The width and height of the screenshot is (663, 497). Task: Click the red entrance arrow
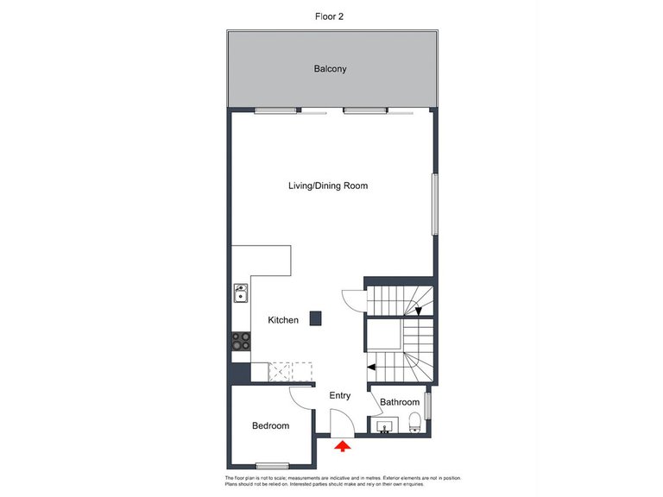pos(343,446)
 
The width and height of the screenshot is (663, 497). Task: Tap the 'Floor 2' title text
pos(331,16)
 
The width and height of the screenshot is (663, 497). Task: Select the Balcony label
pos(331,69)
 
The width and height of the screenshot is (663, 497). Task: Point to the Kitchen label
pos(283,320)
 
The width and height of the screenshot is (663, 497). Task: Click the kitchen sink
pos(241,296)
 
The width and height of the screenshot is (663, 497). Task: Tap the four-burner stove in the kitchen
pos(241,342)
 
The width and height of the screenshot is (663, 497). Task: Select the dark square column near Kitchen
pos(317,318)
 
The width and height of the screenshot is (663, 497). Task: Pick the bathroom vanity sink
pos(384,425)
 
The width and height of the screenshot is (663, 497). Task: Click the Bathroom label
pos(400,402)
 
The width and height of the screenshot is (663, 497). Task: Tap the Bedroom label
pos(270,425)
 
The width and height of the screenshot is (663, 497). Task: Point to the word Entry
pos(340,396)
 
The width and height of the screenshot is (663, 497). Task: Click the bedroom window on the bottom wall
pos(272,466)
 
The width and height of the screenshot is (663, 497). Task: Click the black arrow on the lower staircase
pos(371,367)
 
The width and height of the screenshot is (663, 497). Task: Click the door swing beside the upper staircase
pos(353,299)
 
